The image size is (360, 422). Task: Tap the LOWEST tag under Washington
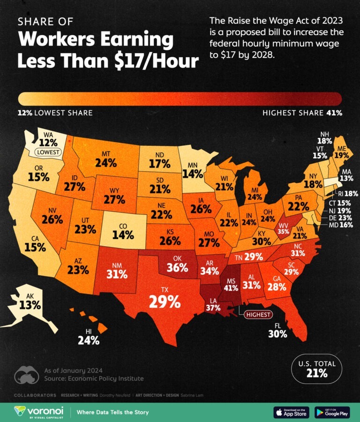46,152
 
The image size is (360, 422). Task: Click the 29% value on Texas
165,301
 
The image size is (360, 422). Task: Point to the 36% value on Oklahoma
177,268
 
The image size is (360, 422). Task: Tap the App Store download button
291,412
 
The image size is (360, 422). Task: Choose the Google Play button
332,412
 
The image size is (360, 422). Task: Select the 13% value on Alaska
30,305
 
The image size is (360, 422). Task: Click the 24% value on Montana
106,163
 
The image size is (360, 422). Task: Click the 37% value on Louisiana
213,308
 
